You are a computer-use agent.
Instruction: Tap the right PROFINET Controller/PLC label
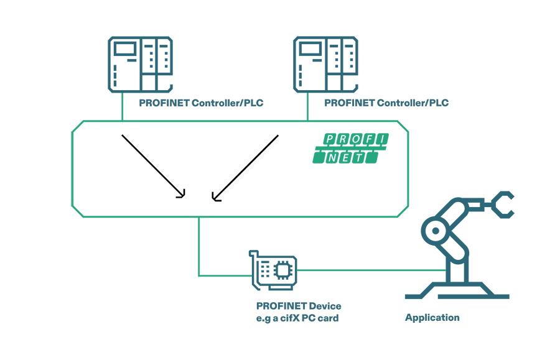[x=386, y=103]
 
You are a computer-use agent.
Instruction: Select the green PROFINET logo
[x=350, y=148]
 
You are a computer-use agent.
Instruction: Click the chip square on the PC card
[x=284, y=269]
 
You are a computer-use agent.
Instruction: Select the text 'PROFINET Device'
[x=299, y=306]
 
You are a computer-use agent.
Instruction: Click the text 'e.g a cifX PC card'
[x=297, y=318]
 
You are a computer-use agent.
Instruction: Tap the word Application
[x=432, y=318]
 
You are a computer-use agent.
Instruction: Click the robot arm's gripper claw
[x=502, y=205]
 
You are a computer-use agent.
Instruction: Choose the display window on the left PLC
[x=127, y=49]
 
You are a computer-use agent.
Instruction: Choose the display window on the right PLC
[x=312, y=49]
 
